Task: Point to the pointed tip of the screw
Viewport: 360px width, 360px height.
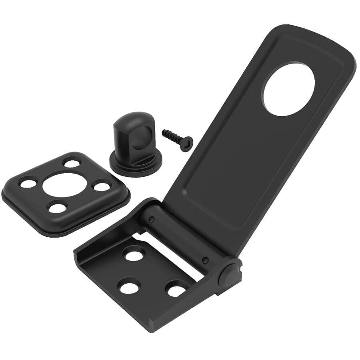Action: [x=164, y=132]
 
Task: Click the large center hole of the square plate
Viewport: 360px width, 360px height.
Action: [x=64, y=184]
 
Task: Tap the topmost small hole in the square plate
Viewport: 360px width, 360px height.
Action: [x=72, y=163]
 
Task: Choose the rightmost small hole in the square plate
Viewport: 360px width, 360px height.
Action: [x=102, y=186]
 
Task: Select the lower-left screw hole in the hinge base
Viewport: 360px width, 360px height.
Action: [x=129, y=286]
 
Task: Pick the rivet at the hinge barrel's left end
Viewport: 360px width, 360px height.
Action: [x=152, y=219]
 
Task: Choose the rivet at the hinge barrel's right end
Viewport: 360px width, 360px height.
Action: [x=205, y=260]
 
